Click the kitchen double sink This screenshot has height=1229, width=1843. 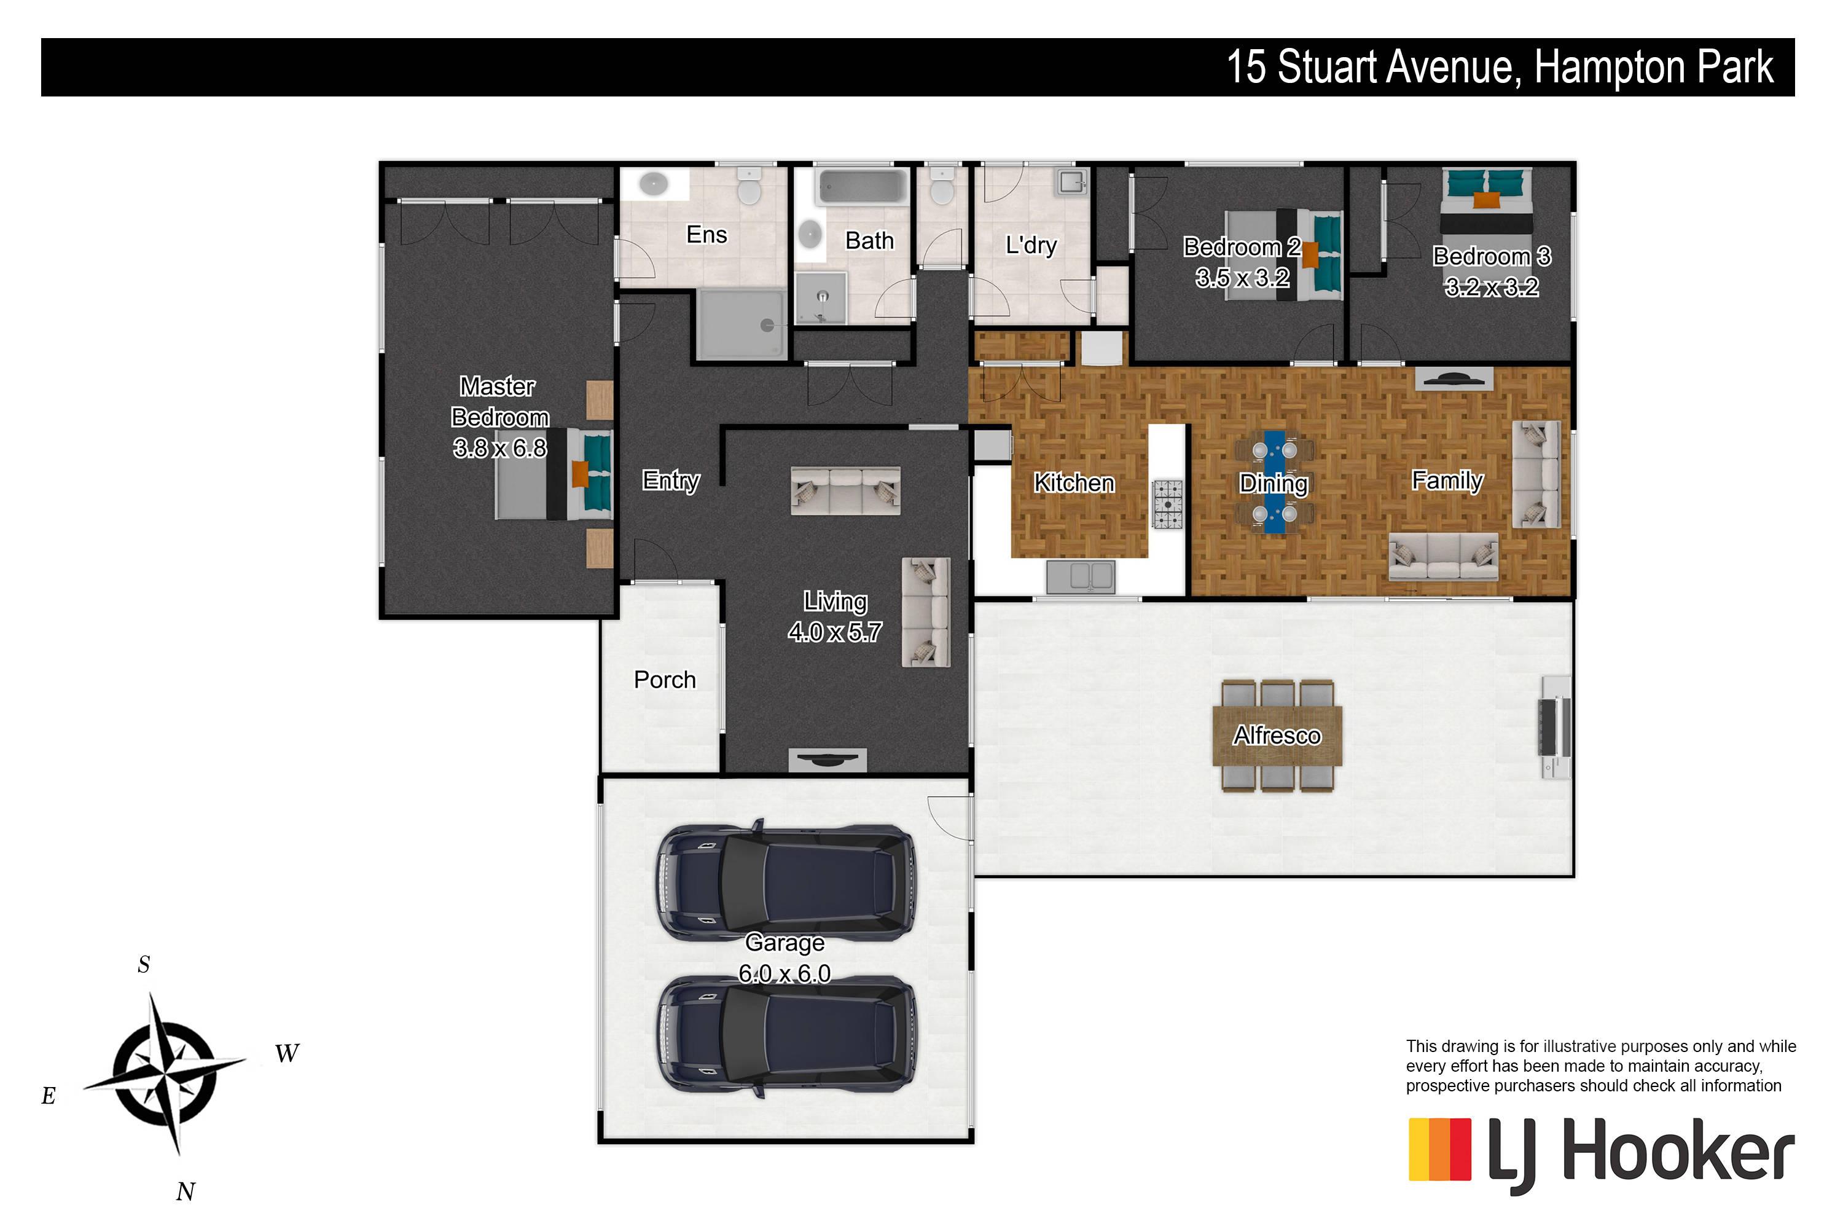tap(1081, 577)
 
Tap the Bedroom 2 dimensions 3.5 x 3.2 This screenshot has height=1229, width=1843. tap(1242, 278)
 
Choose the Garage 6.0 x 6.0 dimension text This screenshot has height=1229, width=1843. tap(785, 973)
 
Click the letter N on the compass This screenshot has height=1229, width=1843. tap(185, 1192)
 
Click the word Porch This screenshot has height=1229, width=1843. tap(665, 680)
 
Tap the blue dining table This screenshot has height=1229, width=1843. tap(1274, 481)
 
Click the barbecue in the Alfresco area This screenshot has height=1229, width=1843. tap(1554, 726)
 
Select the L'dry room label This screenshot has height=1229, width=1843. tap(1031, 245)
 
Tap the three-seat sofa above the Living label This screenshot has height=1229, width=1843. tap(845, 490)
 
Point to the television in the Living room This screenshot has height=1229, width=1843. tap(827, 760)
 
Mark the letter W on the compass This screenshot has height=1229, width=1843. tap(287, 1053)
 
